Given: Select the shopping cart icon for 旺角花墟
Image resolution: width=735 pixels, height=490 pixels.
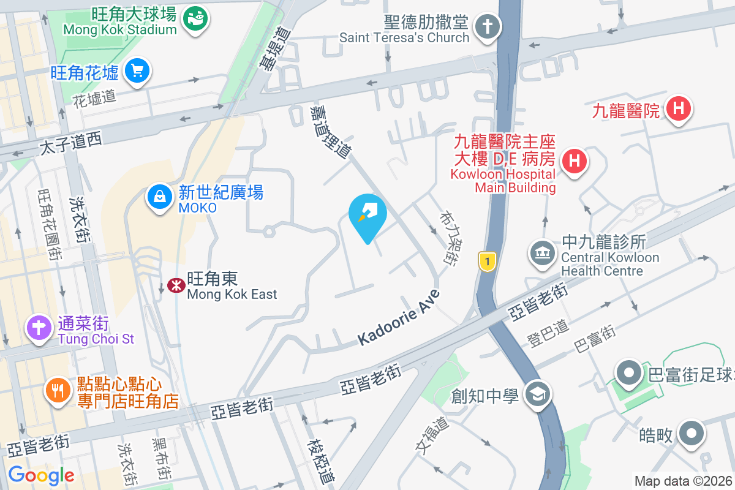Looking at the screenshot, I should (137, 72).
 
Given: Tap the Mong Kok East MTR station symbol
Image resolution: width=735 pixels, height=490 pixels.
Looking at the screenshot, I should (176, 285).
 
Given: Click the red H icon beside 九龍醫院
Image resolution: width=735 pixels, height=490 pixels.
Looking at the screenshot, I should (678, 110).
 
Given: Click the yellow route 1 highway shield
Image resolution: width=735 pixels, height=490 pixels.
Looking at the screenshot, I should (486, 262).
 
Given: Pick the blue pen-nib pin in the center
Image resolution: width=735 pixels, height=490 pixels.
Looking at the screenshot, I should (367, 214).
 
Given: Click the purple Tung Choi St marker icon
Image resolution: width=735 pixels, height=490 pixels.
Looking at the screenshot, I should (39, 328).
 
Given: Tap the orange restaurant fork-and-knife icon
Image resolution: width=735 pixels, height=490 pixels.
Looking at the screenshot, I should (59, 390).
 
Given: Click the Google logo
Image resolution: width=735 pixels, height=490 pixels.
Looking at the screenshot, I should (41, 475).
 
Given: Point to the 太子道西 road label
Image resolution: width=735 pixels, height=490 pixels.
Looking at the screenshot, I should (71, 144).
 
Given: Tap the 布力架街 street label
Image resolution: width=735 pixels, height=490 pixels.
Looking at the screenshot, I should (447, 238).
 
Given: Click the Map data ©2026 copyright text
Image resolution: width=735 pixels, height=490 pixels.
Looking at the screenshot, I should (683, 481).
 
